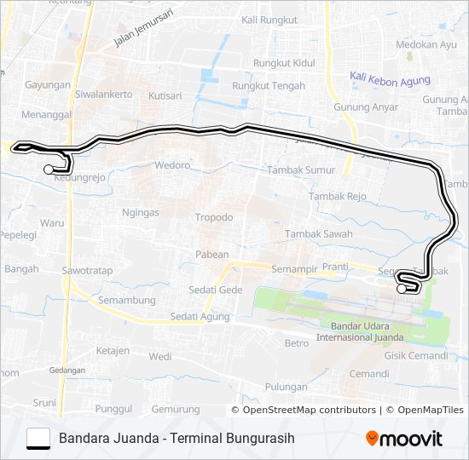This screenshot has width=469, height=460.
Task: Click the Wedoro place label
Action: point(171,164)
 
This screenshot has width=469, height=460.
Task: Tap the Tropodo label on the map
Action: point(213,217)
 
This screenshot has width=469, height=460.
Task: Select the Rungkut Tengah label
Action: point(269,85)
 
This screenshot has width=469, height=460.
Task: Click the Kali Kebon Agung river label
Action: point(390,80)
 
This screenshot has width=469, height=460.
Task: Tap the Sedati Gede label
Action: point(216,290)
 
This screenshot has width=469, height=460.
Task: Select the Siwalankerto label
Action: point(104,95)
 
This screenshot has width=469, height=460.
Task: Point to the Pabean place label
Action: point(212,254)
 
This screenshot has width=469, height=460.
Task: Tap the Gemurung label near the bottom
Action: point(176,410)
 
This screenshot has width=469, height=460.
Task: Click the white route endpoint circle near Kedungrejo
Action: point(48,170)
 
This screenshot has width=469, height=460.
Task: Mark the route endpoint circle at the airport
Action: point(402,289)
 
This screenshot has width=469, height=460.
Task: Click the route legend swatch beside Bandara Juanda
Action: point(38,439)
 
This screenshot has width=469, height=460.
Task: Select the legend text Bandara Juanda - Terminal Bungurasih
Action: point(177,439)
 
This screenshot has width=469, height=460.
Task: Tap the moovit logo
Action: point(404,439)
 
